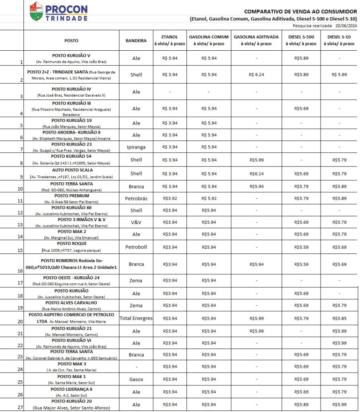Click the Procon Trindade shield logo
click(x=36, y=11)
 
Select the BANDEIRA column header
click(x=136, y=41)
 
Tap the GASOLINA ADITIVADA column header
click(x=256, y=40)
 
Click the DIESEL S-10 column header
click(x=339, y=40)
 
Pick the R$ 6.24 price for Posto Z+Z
click(x=257, y=75)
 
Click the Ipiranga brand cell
click(x=136, y=147)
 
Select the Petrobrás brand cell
click(x=136, y=198)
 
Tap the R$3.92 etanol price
click(x=170, y=198)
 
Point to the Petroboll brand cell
click(x=136, y=247)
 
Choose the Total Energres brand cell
click(x=136, y=318)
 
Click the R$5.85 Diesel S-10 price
click(x=339, y=318)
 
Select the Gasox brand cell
click(x=136, y=379)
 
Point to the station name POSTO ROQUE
click(x=72, y=244)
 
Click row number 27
click(x=20, y=407)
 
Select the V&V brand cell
click(x=136, y=222)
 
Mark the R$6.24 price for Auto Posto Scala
click(x=257, y=174)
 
